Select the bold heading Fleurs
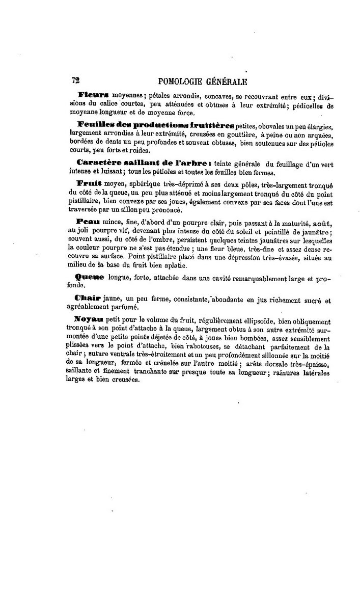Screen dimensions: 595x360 pyautogui.click(x=94, y=95)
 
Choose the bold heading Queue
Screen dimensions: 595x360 pyautogui.click(x=89, y=277)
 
